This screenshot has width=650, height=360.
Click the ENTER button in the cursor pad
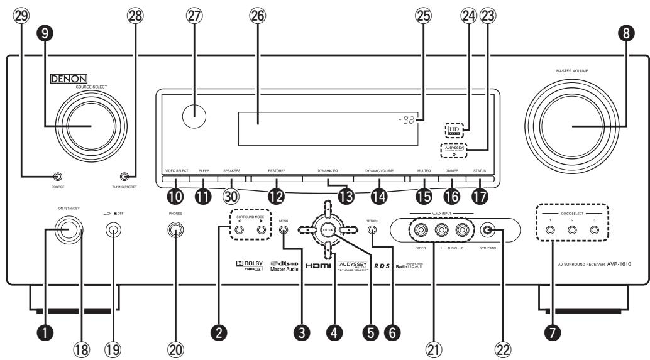pos(327,230)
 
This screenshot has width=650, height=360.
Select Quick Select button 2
pos(572,230)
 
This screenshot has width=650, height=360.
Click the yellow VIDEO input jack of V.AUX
pos(421,230)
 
